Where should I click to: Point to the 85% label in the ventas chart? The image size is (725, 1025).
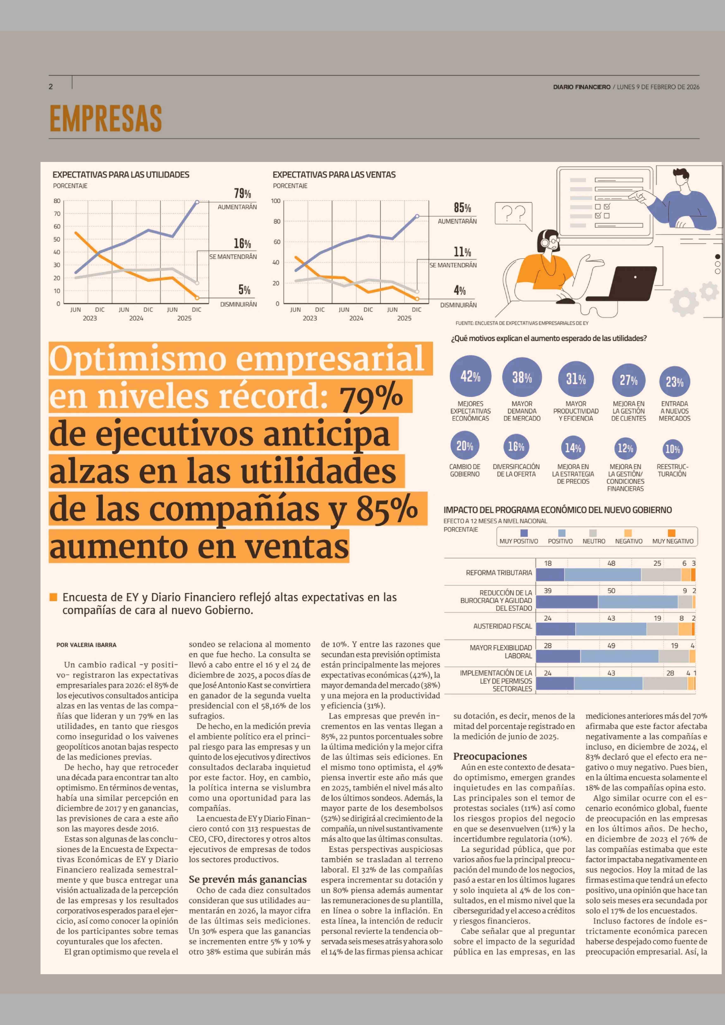[462, 208]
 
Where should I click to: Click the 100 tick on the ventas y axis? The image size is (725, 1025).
[276, 201]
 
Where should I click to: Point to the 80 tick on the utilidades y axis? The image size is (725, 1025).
[57, 201]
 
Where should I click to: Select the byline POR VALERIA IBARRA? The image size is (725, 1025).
[86, 645]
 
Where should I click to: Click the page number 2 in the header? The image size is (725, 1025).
[50, 87]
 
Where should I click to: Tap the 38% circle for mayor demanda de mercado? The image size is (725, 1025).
[522, 378]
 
